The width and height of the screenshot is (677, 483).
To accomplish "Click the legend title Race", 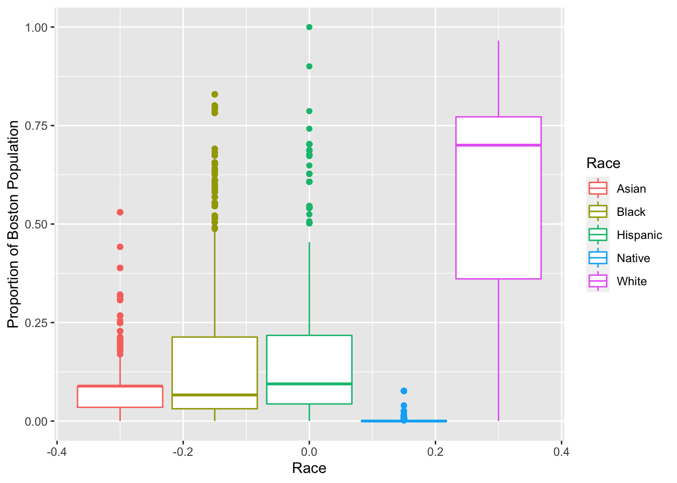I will (x=603, y=163).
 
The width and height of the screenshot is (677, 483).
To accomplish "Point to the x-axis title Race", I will (x=309, y=468).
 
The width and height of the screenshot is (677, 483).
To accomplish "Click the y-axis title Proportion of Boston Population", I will (x=13, y=224).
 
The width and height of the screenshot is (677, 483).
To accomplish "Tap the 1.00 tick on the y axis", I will (x=36, y=27).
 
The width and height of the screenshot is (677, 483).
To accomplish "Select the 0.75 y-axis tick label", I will (x=36, y=126).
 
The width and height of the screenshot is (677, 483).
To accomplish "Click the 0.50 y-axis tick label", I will (x=36, y=224).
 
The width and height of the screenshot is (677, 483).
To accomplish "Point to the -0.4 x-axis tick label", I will (x=56, y=451).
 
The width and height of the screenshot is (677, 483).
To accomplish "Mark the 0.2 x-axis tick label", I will (x=435, y=451).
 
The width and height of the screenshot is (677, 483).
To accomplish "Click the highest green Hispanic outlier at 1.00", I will (x=309, y=27).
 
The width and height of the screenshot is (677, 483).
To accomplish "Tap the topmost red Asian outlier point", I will (x=120, y=212).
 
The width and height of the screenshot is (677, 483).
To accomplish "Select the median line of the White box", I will (x=498, y=145).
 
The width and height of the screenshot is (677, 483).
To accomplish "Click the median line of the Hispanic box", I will (x=309, y=384).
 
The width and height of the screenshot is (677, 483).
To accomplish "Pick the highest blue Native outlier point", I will (x=403, y=391).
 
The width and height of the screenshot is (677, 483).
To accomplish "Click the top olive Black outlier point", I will (x=215, y=94).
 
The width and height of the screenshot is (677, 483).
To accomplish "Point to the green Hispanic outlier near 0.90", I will (x=309, y=66).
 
